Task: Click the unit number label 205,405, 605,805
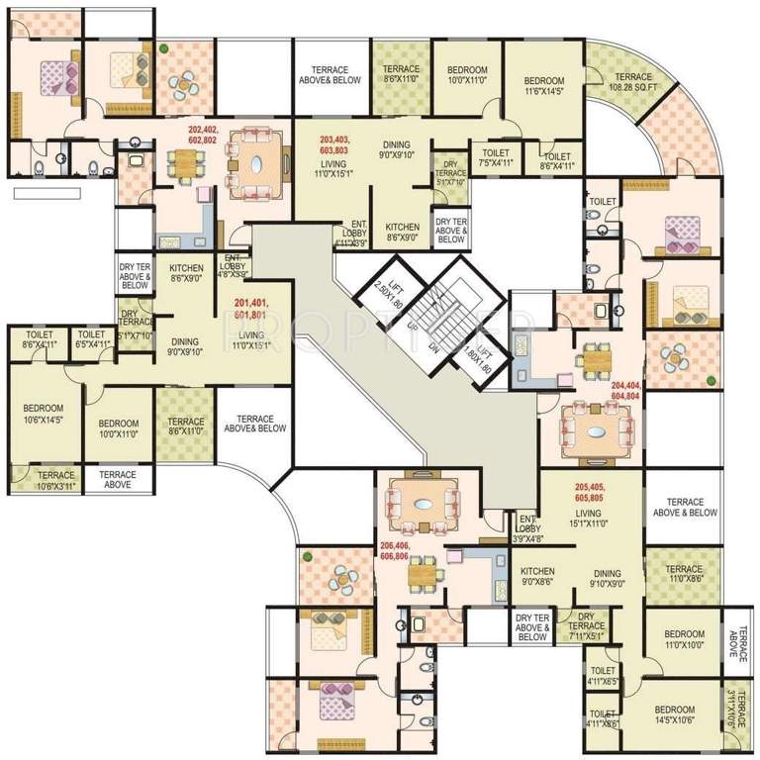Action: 595,492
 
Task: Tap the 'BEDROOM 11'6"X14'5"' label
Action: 543,87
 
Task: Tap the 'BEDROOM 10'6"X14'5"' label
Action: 43,414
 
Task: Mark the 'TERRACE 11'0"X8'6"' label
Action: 683,575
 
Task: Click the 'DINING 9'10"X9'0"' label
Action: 607,579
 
